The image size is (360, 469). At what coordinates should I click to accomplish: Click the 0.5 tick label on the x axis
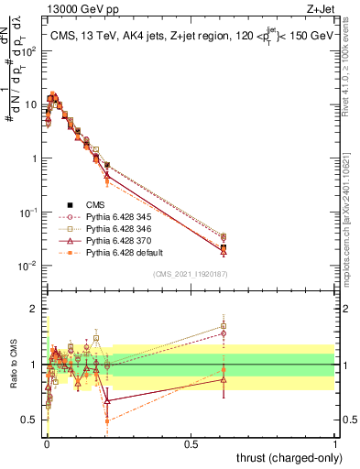click(x=191, y=442)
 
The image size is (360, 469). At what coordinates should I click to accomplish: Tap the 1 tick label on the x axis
click(x=335, y=442)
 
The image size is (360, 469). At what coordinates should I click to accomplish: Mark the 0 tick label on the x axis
click(x=47, y=442)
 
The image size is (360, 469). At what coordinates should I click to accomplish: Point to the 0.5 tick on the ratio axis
click(x=30, y=420)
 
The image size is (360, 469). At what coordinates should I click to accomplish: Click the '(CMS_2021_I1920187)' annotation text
click(x=190, y=274)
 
